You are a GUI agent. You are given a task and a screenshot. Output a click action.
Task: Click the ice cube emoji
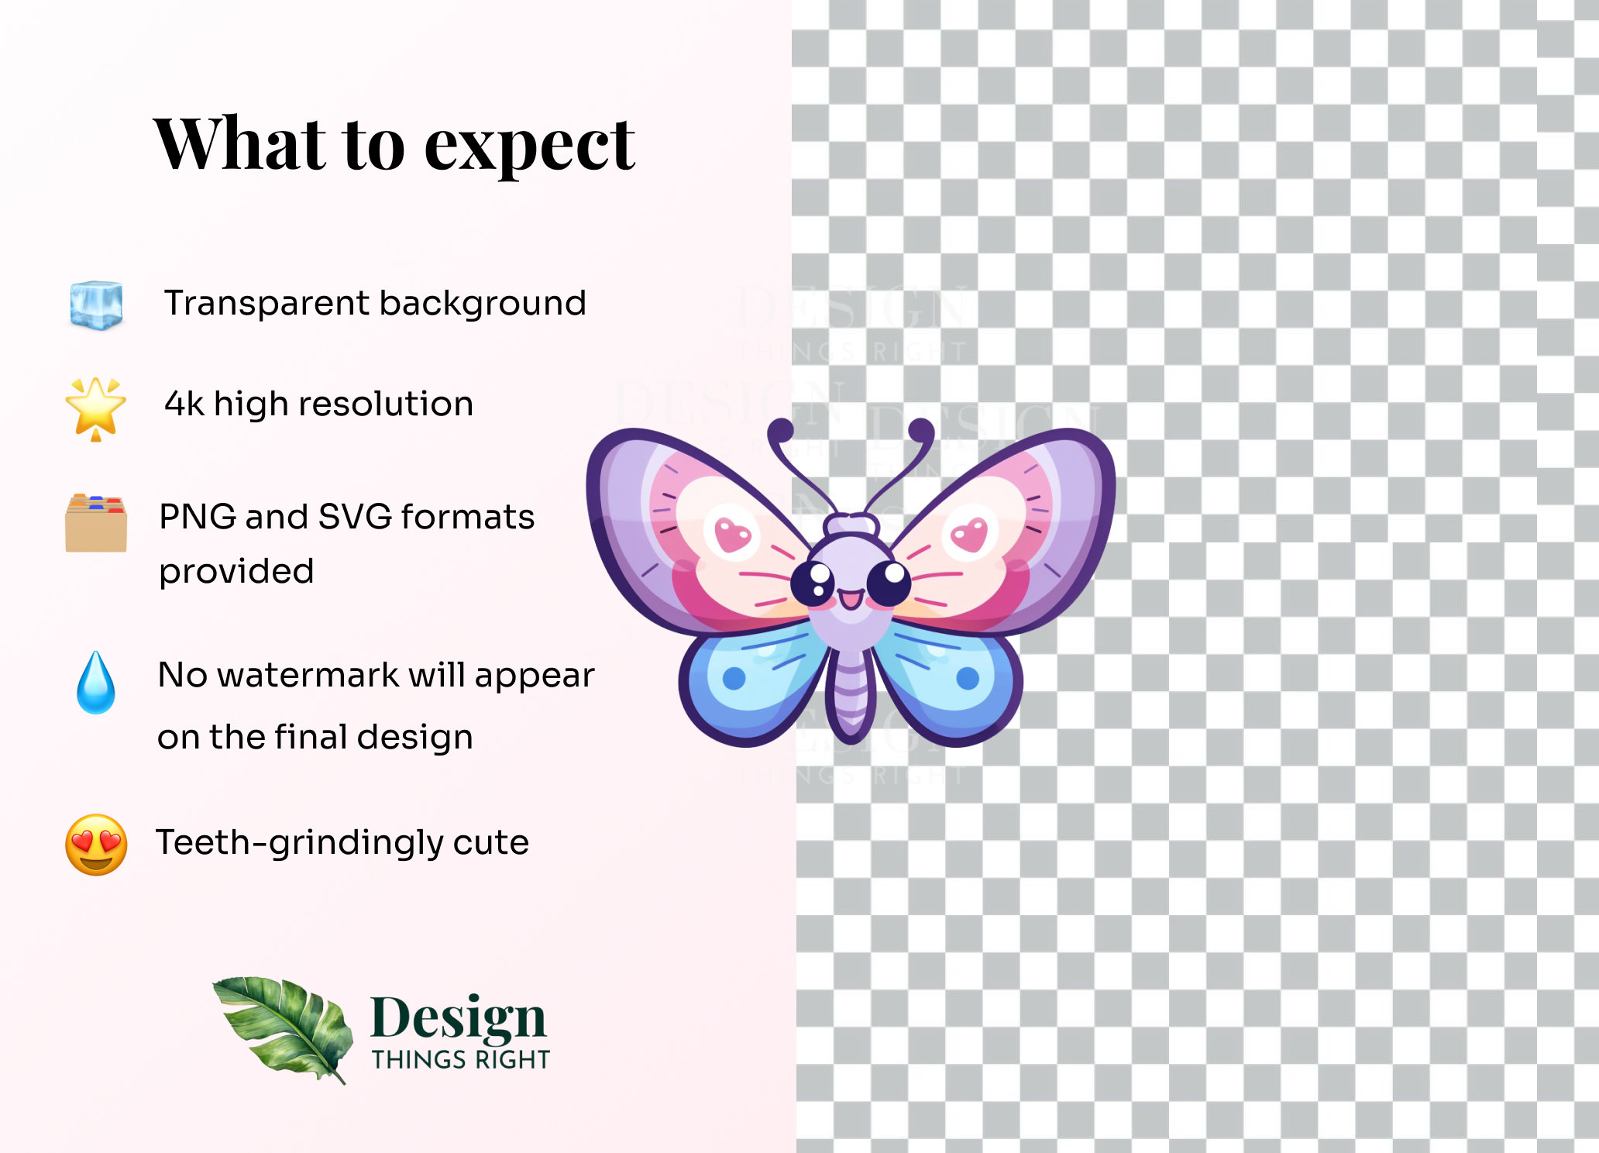tap(96, 305)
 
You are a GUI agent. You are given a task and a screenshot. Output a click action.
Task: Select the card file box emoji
tap(96, 523)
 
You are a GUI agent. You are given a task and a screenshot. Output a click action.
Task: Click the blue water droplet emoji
tap(96, 683)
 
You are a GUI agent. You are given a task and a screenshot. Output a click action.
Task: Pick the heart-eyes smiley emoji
tap(96, 845)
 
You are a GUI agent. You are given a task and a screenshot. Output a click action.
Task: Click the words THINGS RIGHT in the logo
tap(460, 1059)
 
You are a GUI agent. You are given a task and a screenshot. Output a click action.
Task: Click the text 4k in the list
tap(184, 404)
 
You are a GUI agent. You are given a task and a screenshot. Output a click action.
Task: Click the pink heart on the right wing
tap(969, 534)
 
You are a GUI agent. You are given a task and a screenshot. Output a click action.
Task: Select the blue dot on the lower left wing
tap(734, 678)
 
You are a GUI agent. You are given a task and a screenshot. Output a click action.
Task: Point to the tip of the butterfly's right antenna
tap(922, 428)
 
